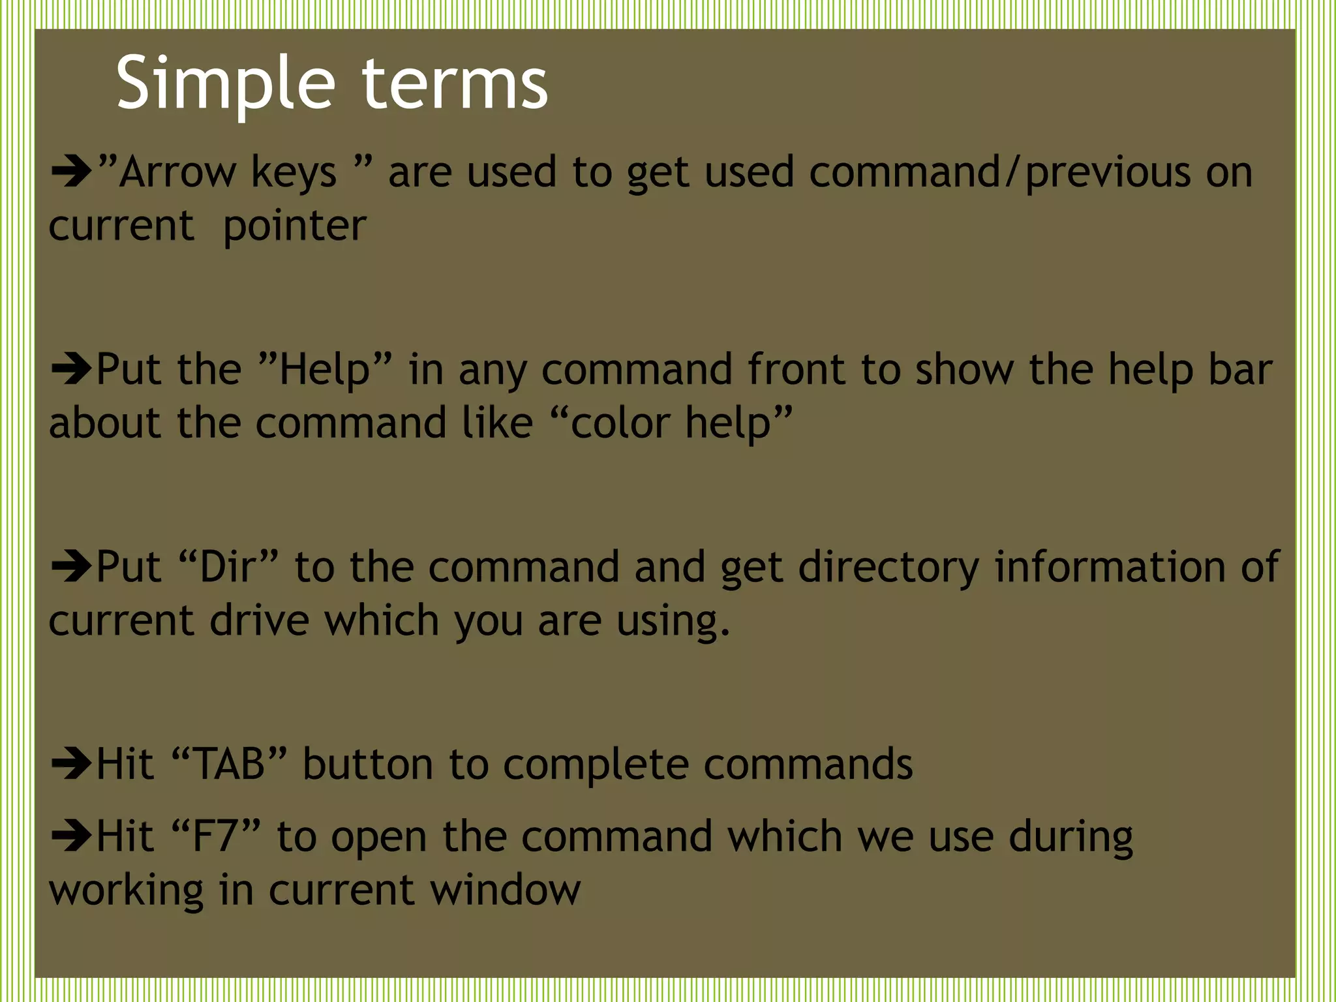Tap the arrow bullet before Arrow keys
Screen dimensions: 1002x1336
71,173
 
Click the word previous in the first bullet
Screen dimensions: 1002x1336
1108,173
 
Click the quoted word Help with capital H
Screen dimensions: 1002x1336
325,369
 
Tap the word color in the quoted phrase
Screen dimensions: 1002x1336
620,423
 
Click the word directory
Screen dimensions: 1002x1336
888,566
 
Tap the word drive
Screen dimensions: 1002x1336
259,620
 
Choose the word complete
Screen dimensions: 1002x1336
596,765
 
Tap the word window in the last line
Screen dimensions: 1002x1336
505,890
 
